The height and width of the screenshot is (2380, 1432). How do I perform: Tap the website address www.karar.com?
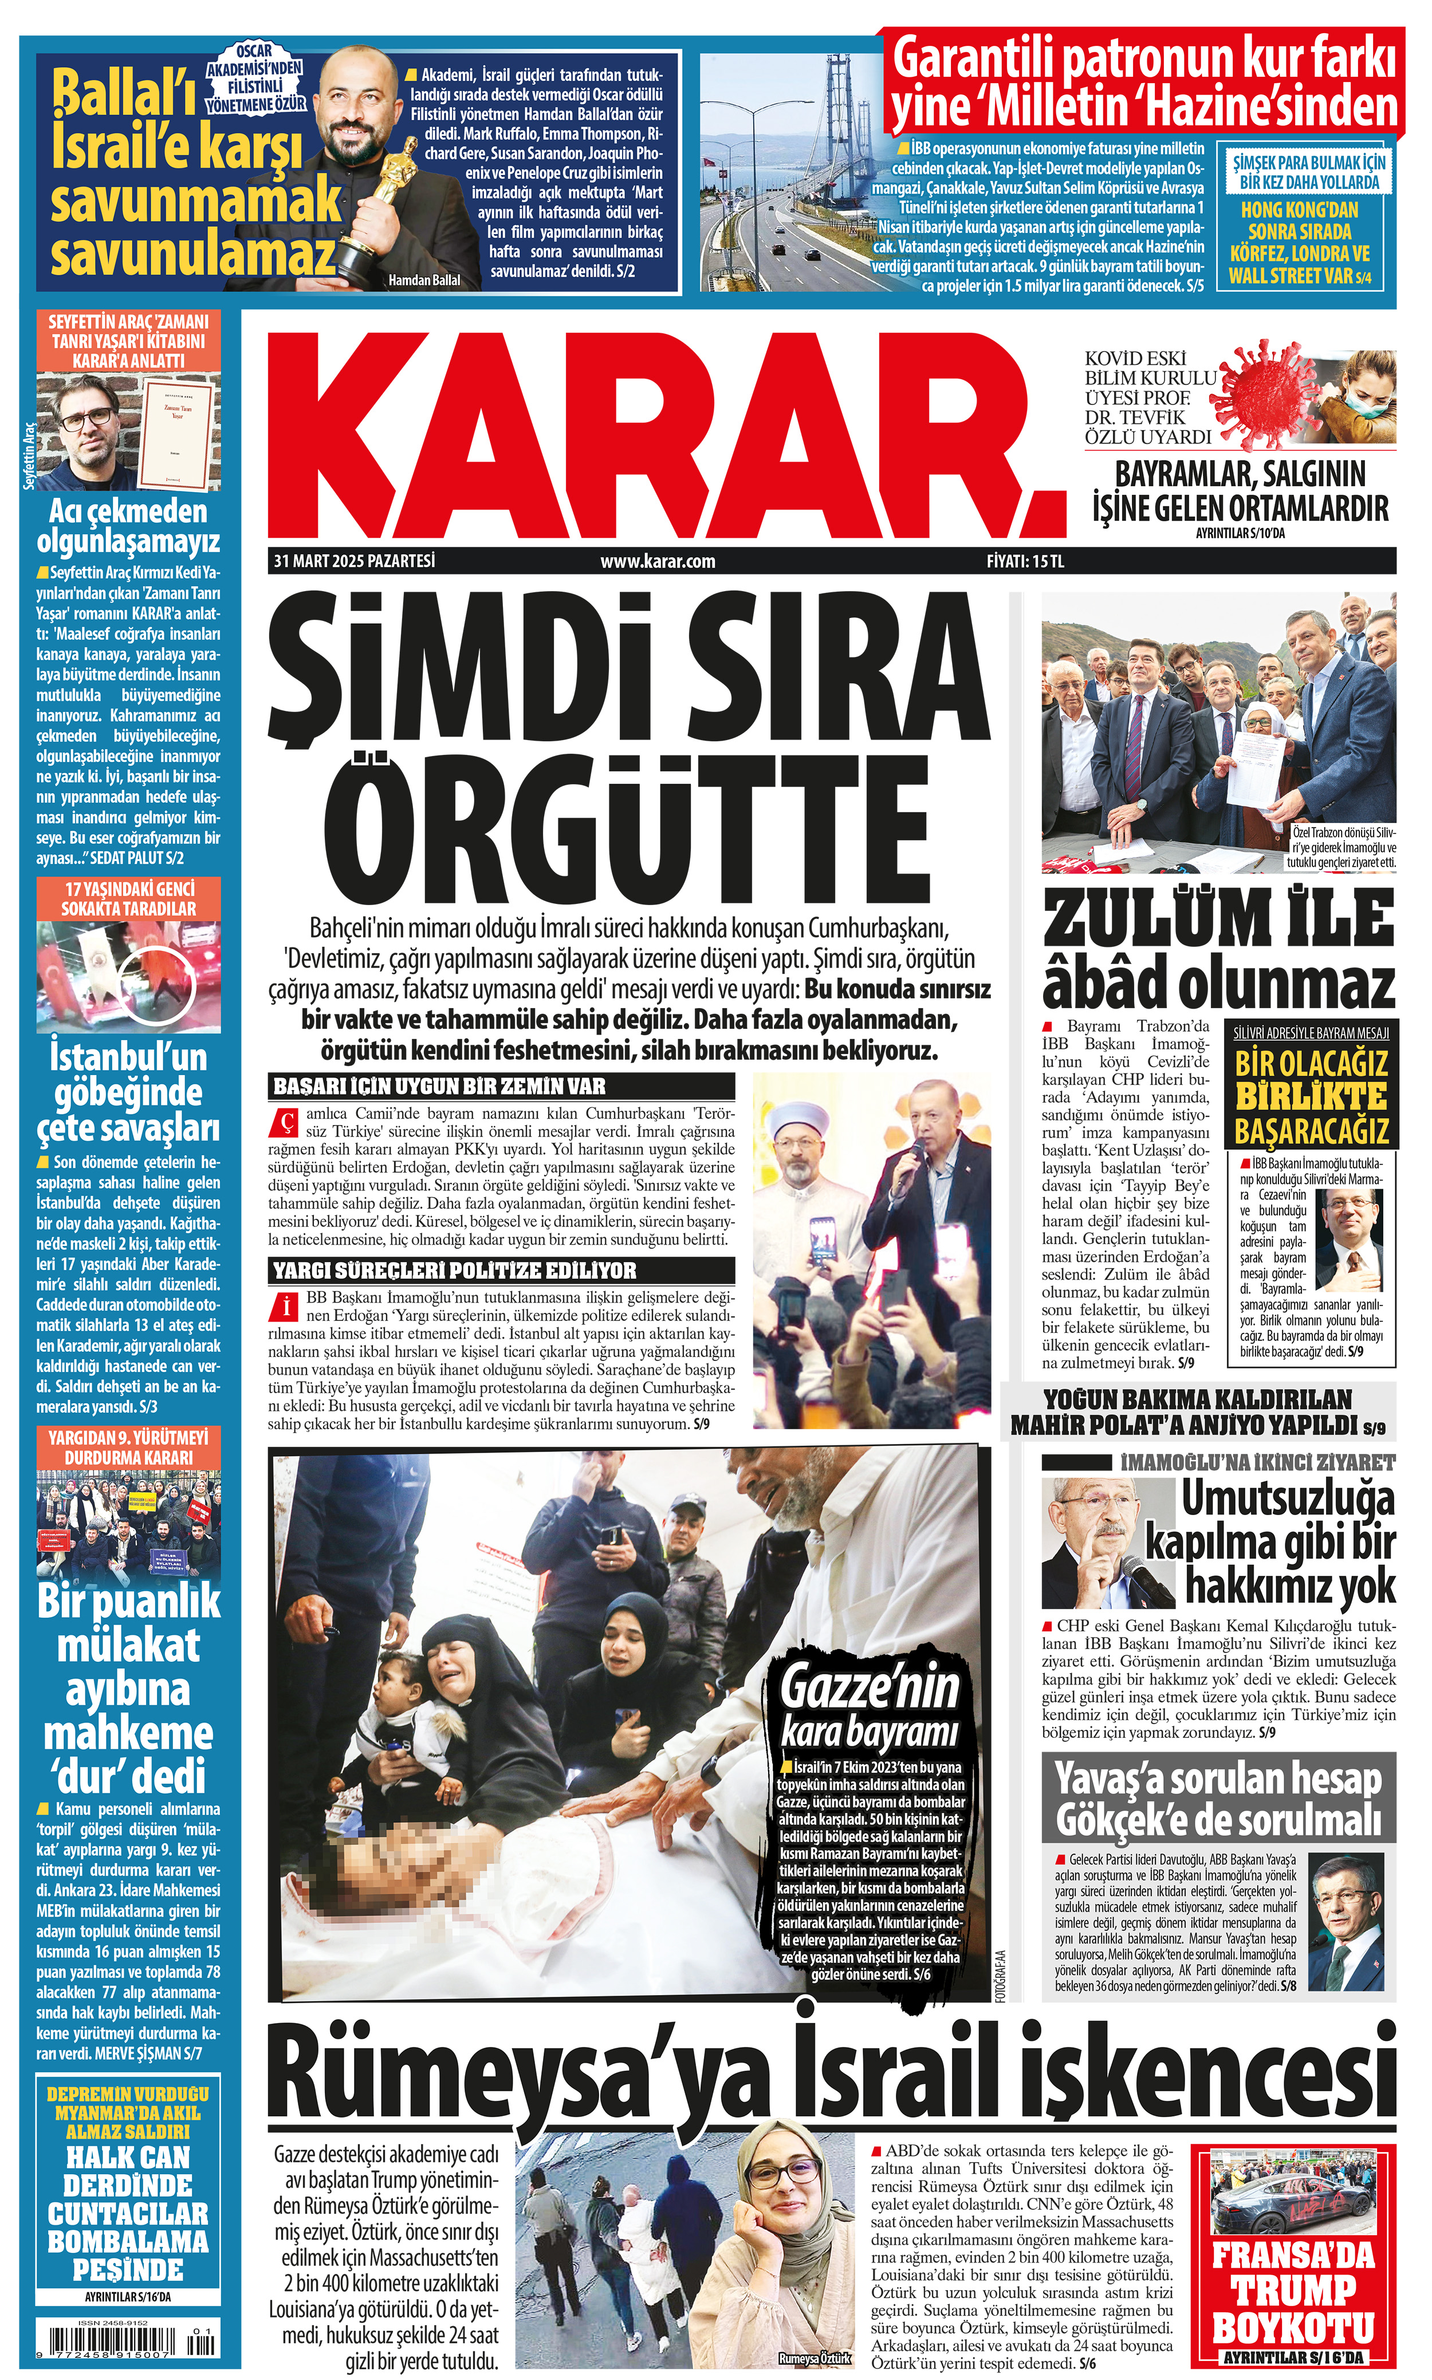657,561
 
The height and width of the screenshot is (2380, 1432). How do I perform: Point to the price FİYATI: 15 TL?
1025,561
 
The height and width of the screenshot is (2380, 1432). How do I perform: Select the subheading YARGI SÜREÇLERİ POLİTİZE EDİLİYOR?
454,1269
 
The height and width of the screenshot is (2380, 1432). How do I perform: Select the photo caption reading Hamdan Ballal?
424,280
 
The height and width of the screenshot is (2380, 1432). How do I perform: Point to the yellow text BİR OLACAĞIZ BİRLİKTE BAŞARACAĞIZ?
1311,1097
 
